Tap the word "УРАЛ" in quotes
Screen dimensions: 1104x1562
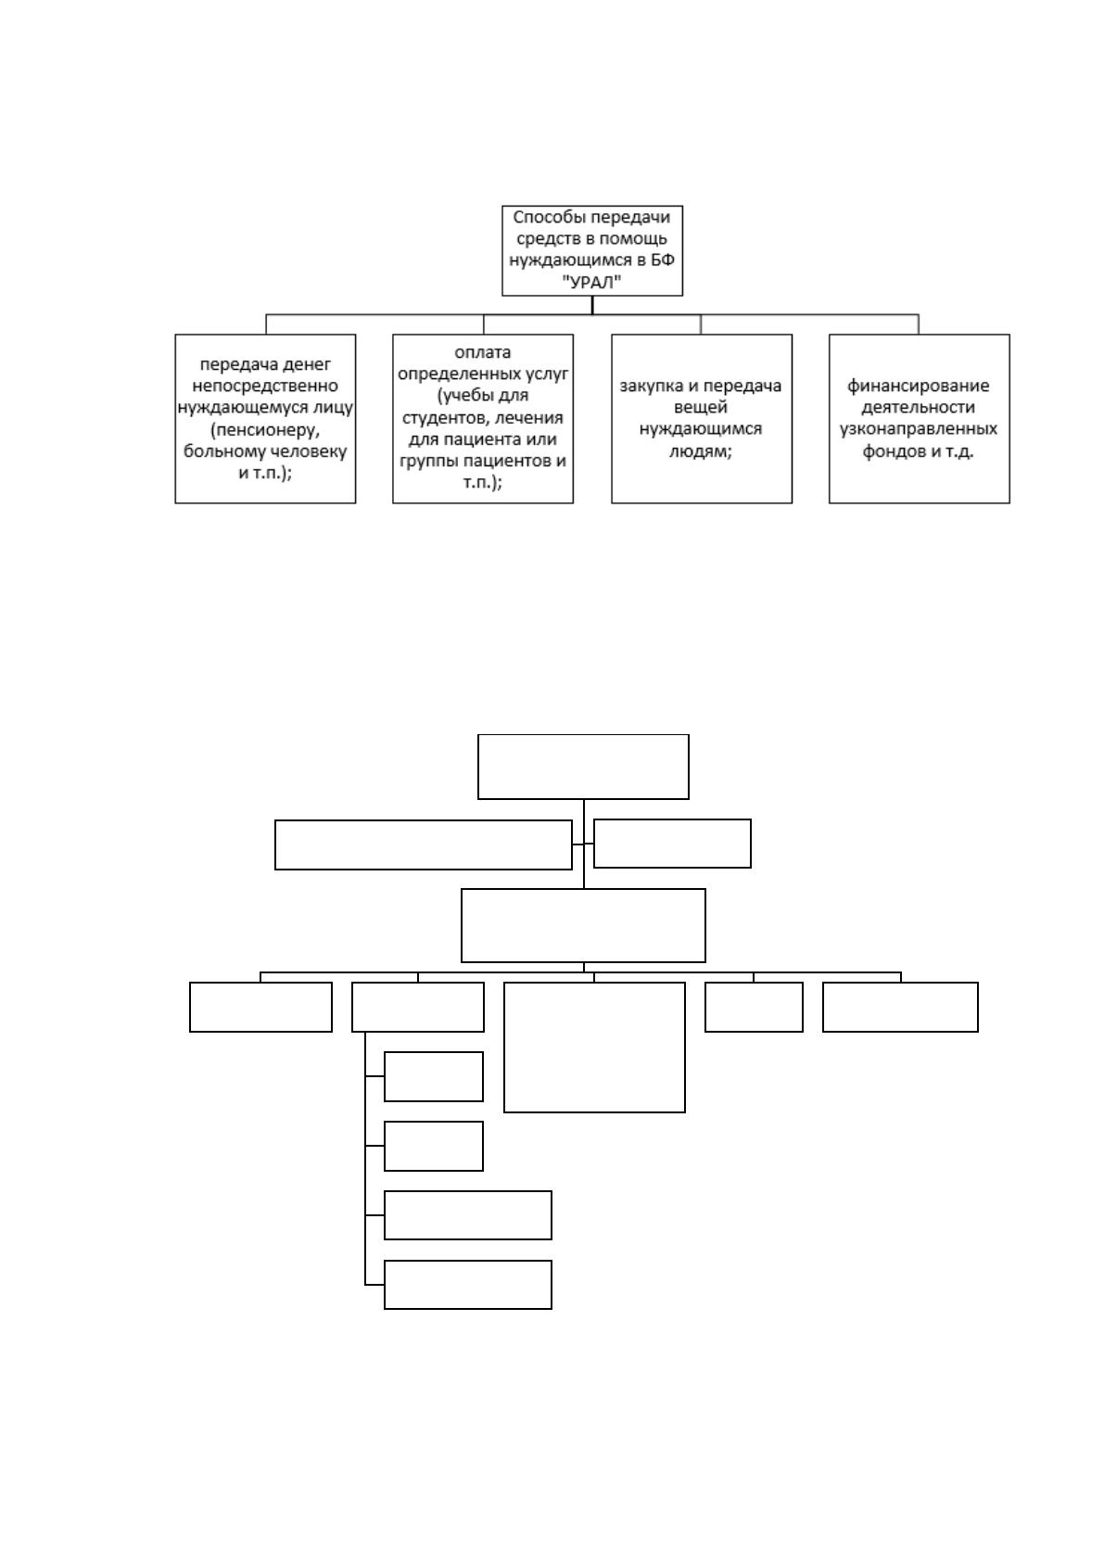[x=592, y=282]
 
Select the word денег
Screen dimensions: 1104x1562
[x=306, y=364]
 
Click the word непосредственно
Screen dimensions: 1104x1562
[x=265, y=386]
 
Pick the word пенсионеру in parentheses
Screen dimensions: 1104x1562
[x=265, y=429]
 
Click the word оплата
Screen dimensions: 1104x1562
[x=483, y=353]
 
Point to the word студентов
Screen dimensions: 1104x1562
[x=443, y=418]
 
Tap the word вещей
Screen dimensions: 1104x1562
[x=701, y=408]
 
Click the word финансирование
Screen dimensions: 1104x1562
[x=919, y=387]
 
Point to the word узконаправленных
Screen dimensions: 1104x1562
[x=919, y=429]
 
